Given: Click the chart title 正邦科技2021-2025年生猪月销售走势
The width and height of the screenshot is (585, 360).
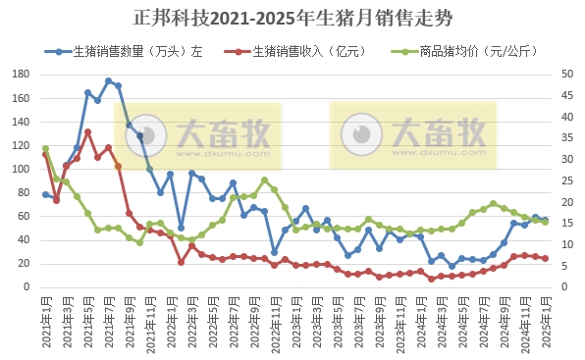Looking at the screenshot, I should point(292,19).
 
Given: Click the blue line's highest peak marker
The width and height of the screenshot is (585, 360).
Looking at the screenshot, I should point(108,81).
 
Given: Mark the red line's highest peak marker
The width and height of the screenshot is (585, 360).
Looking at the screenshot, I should point(87,131).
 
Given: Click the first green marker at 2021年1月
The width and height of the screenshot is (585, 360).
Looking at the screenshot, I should point(45,148).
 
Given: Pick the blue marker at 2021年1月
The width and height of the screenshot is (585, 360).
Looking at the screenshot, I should point(45,194).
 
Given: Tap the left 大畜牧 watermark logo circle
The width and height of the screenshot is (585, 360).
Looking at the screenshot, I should point(150,132).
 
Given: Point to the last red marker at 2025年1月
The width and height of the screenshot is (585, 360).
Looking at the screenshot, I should point(546,258).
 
